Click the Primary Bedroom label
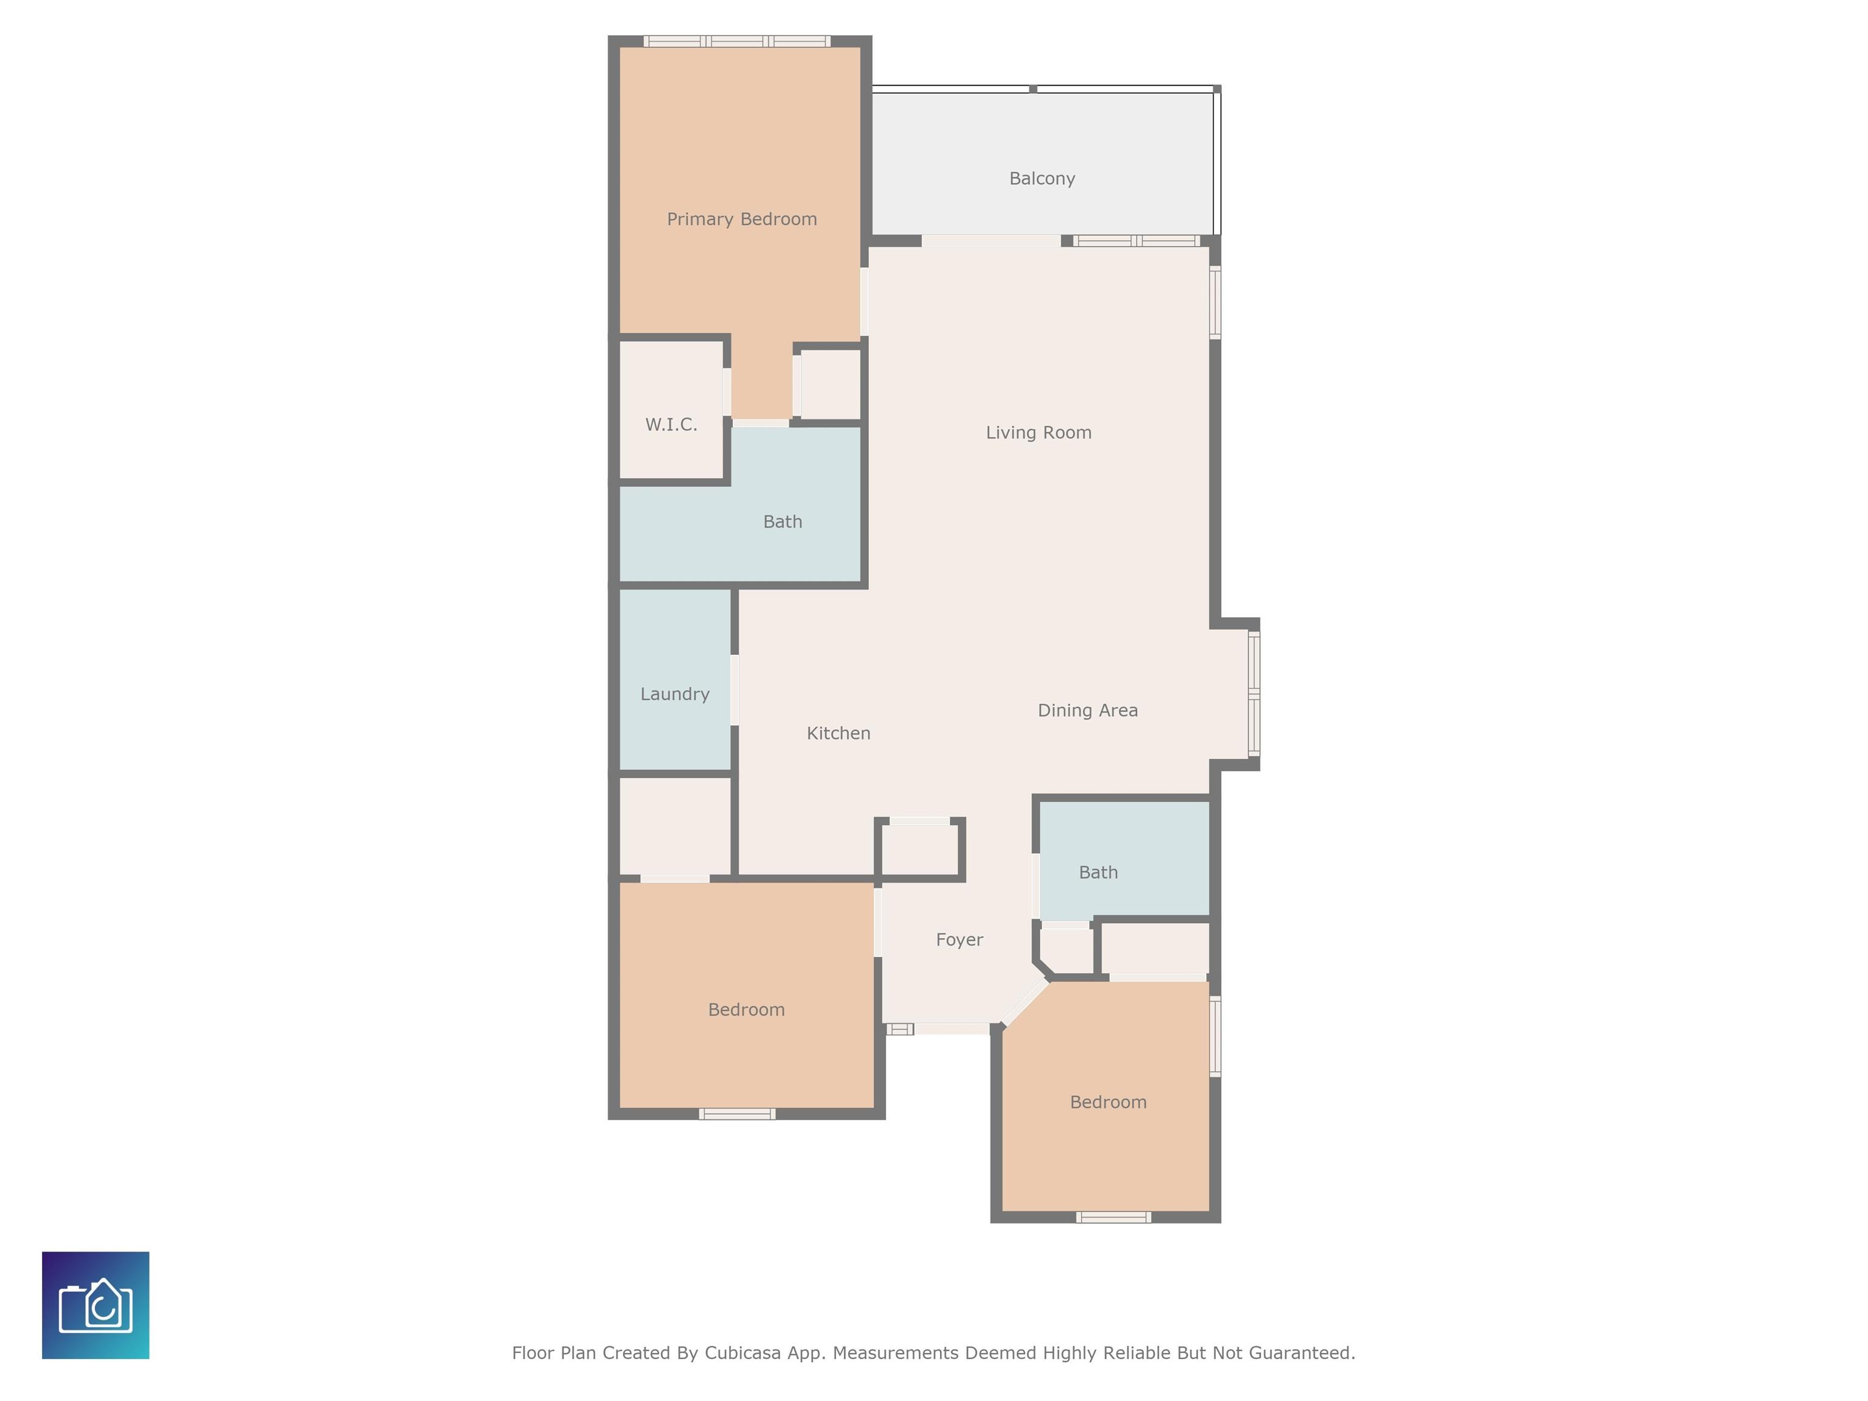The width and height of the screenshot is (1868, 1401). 741,220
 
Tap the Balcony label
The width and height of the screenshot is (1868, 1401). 1041,179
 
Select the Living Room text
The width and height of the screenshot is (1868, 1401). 1038,433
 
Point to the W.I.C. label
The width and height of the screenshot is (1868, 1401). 671,425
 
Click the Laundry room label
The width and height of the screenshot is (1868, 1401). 674,694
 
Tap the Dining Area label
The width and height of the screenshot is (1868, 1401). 1087,711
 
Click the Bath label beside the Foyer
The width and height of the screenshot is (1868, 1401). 1098,873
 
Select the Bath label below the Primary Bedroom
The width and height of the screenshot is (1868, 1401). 782,522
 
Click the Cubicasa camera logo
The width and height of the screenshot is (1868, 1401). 95,1305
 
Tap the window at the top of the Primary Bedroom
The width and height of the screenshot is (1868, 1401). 736,41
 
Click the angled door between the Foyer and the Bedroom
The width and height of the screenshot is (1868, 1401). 1023,1002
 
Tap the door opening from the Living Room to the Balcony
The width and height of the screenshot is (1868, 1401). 991,241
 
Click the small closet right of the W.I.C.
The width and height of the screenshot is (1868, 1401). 830,384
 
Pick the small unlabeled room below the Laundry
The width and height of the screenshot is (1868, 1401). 675,826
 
